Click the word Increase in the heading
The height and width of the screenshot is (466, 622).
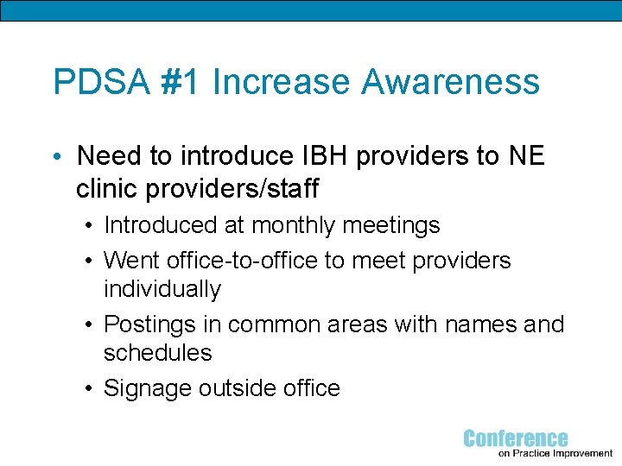tap(282, 82)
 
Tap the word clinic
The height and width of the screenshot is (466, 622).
tap(109, 187)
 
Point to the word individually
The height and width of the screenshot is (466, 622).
tap(162, 289)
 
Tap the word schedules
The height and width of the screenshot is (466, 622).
tap(157, 352)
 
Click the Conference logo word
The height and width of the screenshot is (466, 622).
tap(516, 439)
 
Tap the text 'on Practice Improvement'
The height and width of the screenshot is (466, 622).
tap(555, 453)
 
